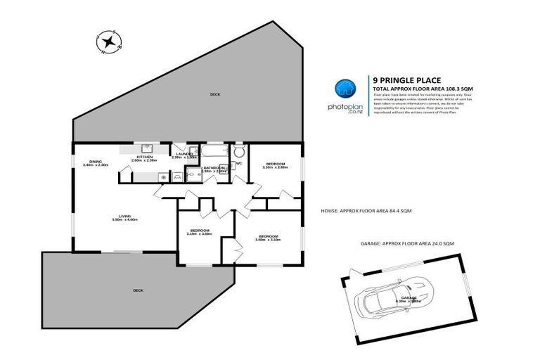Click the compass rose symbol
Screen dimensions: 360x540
(x=108, y=44)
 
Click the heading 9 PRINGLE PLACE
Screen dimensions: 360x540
(x=402, y=81)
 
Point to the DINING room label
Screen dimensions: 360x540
(x=95, y=163)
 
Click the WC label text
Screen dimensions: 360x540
(x=238, y=163)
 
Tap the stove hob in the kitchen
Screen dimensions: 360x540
(x=163, y=177)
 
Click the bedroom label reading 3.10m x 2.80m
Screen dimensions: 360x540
(x=275, y=166)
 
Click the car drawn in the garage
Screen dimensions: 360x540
(x=394, y=295)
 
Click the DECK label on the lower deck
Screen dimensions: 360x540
(x=136, y=290)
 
